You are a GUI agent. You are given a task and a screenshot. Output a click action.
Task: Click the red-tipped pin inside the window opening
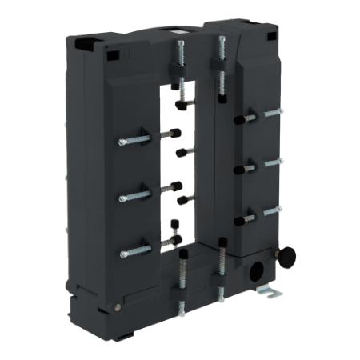183,197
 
